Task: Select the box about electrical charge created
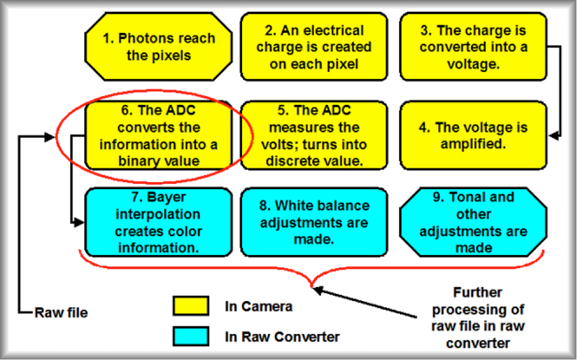tap(314, 47)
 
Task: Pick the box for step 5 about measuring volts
tap(314, 136)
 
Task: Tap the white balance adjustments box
tap(314, 222)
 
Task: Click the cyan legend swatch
tap(190, 336)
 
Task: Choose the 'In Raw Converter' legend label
tap(282, 337)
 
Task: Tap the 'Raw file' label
tap(61, 312)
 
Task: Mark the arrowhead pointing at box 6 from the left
tap(49, 137)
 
